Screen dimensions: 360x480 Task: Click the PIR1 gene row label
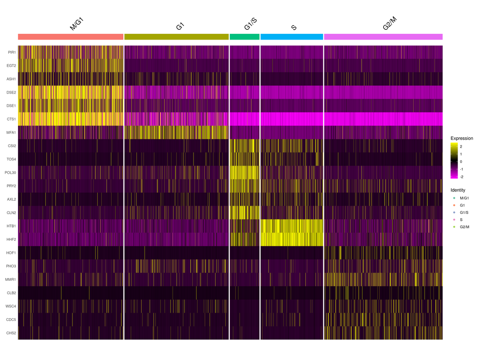12,52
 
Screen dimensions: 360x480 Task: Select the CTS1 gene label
11,119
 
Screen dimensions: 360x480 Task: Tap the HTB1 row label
11,226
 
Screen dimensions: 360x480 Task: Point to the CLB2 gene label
11,293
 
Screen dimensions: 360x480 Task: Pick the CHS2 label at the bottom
11,333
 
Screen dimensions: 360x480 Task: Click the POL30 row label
11,172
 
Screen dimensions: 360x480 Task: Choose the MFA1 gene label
11,132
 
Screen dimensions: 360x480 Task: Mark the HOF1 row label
11,253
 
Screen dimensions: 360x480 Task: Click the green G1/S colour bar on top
245,36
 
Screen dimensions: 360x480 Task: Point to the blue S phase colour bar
292,36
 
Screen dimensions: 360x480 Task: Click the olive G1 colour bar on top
176,36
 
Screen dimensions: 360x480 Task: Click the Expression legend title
462,138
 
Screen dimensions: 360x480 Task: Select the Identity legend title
458,190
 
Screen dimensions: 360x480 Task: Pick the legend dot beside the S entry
454,219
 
